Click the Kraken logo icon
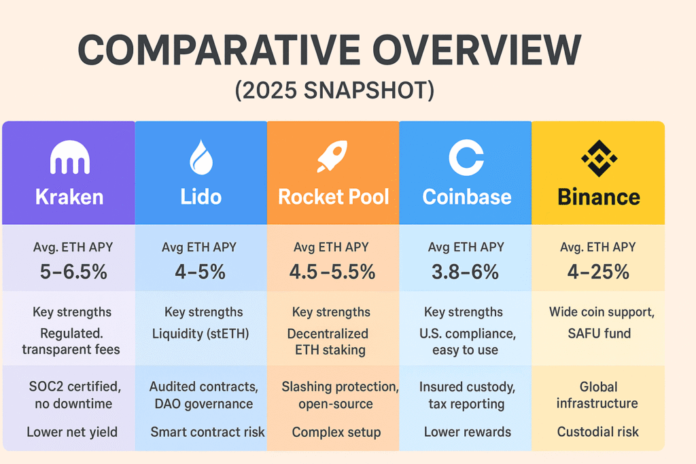(70, 157)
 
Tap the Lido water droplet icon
(201, 157)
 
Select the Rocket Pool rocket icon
(332, 156)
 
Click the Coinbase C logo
(466, 158)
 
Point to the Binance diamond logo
(599, 158)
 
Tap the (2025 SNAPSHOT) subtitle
(334, 90)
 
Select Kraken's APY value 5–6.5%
(73, 272)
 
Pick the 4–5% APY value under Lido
(201, 272)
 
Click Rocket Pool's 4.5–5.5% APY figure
(332, 272)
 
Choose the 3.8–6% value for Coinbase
(465, 272)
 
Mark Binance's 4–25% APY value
(598, 272)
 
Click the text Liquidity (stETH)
(201, 334)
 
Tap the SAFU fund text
(599, 333)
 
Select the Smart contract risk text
(207, 431)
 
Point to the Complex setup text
(336, 432)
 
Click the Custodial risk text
(598, 431)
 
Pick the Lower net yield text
(72, 432)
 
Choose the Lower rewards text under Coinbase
(468, 431)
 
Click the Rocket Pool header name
(334, 197)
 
